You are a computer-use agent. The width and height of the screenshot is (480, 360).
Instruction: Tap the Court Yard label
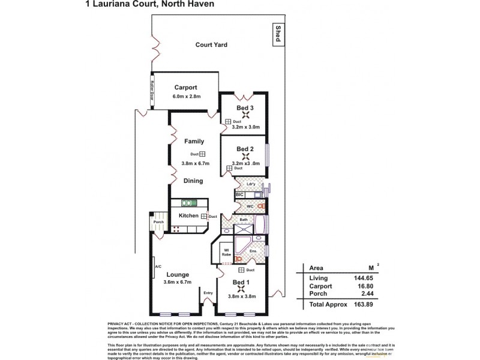pos(211,44)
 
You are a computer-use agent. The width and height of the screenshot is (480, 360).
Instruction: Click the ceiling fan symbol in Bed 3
pos(244,117)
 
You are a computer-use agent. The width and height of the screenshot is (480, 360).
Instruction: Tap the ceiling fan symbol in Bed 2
pos(244,158)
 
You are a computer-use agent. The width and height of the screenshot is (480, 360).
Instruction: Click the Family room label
pos(194,142)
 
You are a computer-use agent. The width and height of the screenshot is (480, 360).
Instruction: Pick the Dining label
pos(193,181)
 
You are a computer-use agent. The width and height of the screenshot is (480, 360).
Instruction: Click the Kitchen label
pos(188,215)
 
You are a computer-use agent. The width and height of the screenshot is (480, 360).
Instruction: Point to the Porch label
pos(158,222)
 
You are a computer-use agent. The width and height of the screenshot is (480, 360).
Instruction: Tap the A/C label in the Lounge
pos(158,267)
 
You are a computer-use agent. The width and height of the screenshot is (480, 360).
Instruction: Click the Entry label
pos(208,293)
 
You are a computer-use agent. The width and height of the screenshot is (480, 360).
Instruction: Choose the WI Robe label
pos(226,252)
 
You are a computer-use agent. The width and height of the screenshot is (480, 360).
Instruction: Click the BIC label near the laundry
pos(239,194)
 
